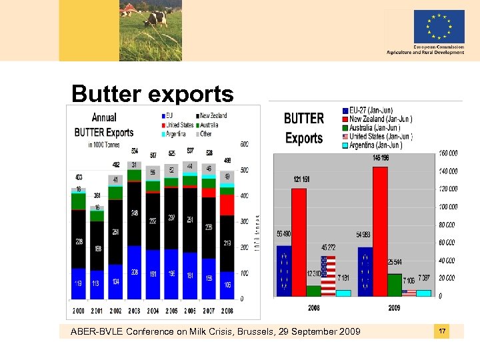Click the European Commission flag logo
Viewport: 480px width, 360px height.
[439, 27]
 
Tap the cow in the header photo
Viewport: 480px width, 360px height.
[157, 17]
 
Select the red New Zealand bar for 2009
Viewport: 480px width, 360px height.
[380, 231]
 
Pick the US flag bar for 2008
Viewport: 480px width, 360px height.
[328, 275]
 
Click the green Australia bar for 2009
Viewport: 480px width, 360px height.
[395, 285]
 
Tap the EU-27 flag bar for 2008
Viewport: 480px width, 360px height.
[283, 271]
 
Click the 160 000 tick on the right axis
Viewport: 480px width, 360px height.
[448, 153]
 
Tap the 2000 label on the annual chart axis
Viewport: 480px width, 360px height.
[79, 311]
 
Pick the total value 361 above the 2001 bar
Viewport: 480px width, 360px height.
[97, 196]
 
